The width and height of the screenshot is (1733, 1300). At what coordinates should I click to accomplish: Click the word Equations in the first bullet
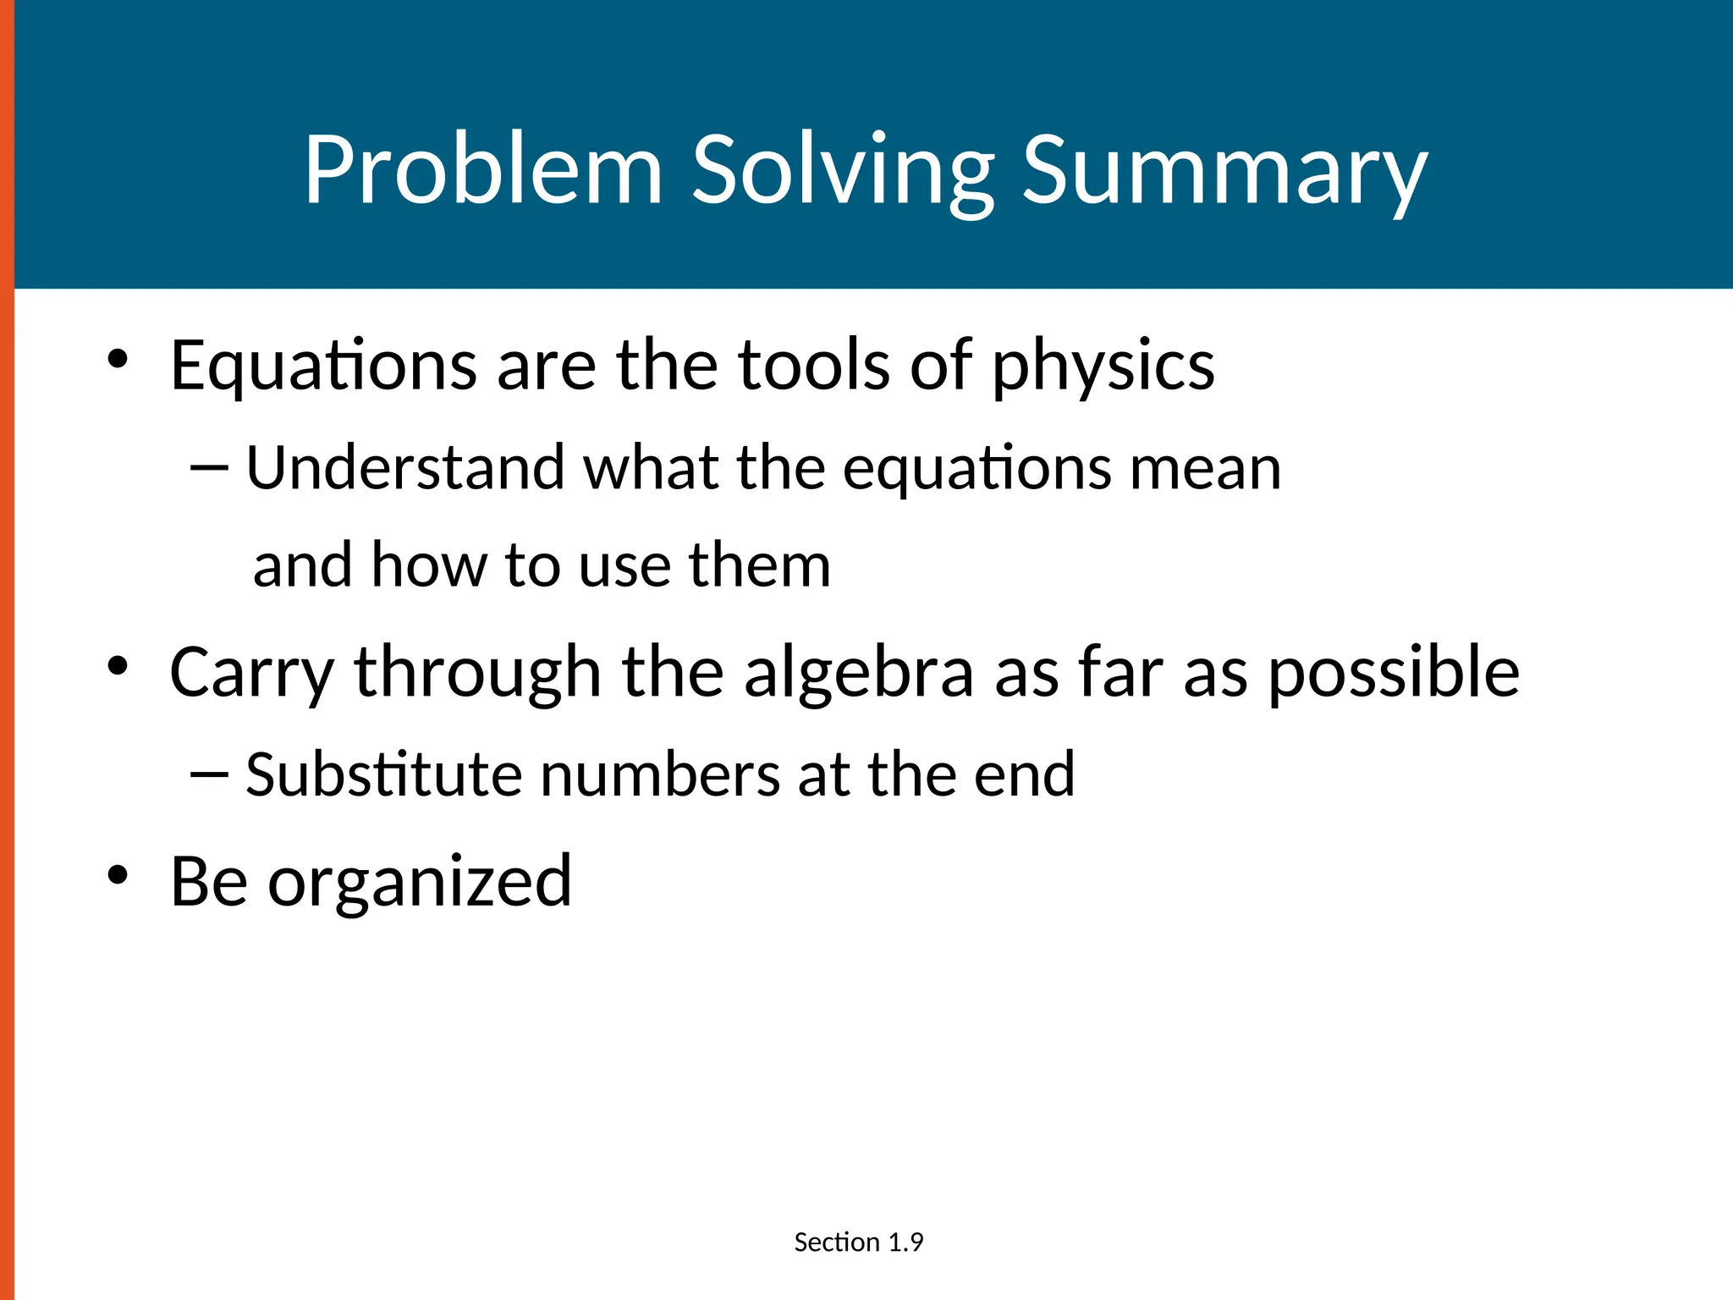tap(324, 366)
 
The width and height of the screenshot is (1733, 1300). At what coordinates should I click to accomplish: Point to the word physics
tap(1103, 366)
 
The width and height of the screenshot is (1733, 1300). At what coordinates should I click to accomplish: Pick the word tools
tap(814, 366)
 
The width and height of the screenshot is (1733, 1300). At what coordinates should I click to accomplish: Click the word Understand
tap(405, 467)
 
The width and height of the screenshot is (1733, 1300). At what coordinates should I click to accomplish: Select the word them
tap(759, 565)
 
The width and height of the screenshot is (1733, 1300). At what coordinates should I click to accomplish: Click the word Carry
tap(252, 673)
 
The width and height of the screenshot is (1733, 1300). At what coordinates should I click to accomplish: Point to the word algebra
tap(859, 673)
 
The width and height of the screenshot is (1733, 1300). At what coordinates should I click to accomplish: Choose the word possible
tap(1394, 673)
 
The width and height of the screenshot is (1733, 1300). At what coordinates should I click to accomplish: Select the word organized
tap(420, 882)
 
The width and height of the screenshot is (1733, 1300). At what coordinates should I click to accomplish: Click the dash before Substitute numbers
tap(210, 774)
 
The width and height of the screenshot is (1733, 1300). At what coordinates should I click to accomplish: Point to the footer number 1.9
tap(905, 1242)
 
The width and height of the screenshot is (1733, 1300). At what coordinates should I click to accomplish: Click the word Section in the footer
tap(837, 1242)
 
